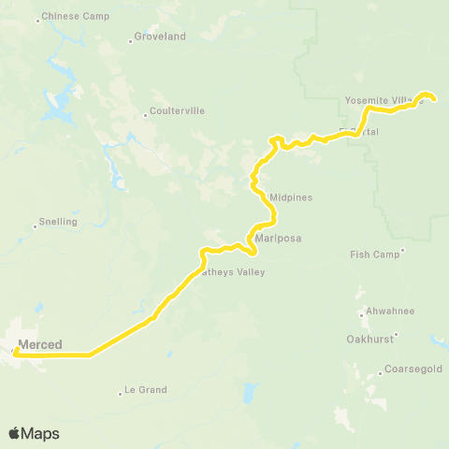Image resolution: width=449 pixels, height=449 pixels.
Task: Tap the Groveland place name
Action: (160, 36)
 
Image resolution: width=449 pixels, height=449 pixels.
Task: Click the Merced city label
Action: (39, 344)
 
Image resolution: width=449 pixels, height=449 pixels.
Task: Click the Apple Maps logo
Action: (34, 433)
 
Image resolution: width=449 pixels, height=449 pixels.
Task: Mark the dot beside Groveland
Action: (129, 40)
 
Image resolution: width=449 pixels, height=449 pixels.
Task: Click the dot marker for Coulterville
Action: (146, 115)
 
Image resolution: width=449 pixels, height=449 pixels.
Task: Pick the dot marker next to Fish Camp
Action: (402, 250)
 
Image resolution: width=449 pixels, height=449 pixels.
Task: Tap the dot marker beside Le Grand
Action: (122, 391)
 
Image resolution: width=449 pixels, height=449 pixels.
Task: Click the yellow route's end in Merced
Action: (16, 352)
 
